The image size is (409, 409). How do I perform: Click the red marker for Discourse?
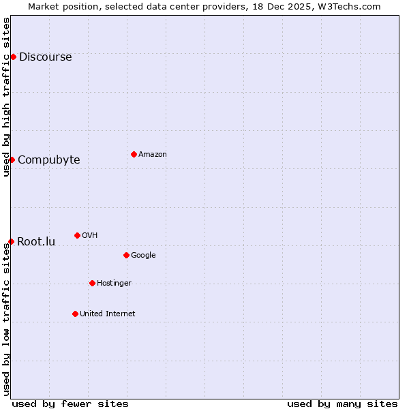coord(13,57)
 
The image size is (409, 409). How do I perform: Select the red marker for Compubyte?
coord(12,160)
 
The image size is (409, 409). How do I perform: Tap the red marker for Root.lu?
coord(11,241)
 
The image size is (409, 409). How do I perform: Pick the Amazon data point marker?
coord(134,154)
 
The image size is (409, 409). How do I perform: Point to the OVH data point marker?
coord(77,235)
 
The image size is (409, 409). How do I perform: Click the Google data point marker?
coord(126,255)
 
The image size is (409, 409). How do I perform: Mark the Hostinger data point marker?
coord(92,283)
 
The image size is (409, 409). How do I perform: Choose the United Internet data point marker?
coord(75,314)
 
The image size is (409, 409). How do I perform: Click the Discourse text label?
coord(45,57)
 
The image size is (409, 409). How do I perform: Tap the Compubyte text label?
coord(48,160)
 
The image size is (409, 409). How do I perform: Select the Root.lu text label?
coord(36,241)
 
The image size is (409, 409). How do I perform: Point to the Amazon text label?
coord(153,154)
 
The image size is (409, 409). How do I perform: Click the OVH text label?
coord(90,235)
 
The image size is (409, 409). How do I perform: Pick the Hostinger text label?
coord(114,283)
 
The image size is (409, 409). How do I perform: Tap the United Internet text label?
coord(107,314)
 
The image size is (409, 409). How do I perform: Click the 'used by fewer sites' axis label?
coord(70,404)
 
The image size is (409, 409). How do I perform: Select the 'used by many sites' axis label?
coord(342,404)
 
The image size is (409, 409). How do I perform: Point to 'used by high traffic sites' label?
coord(6,97)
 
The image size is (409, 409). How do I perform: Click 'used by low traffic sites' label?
coord(6,319)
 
